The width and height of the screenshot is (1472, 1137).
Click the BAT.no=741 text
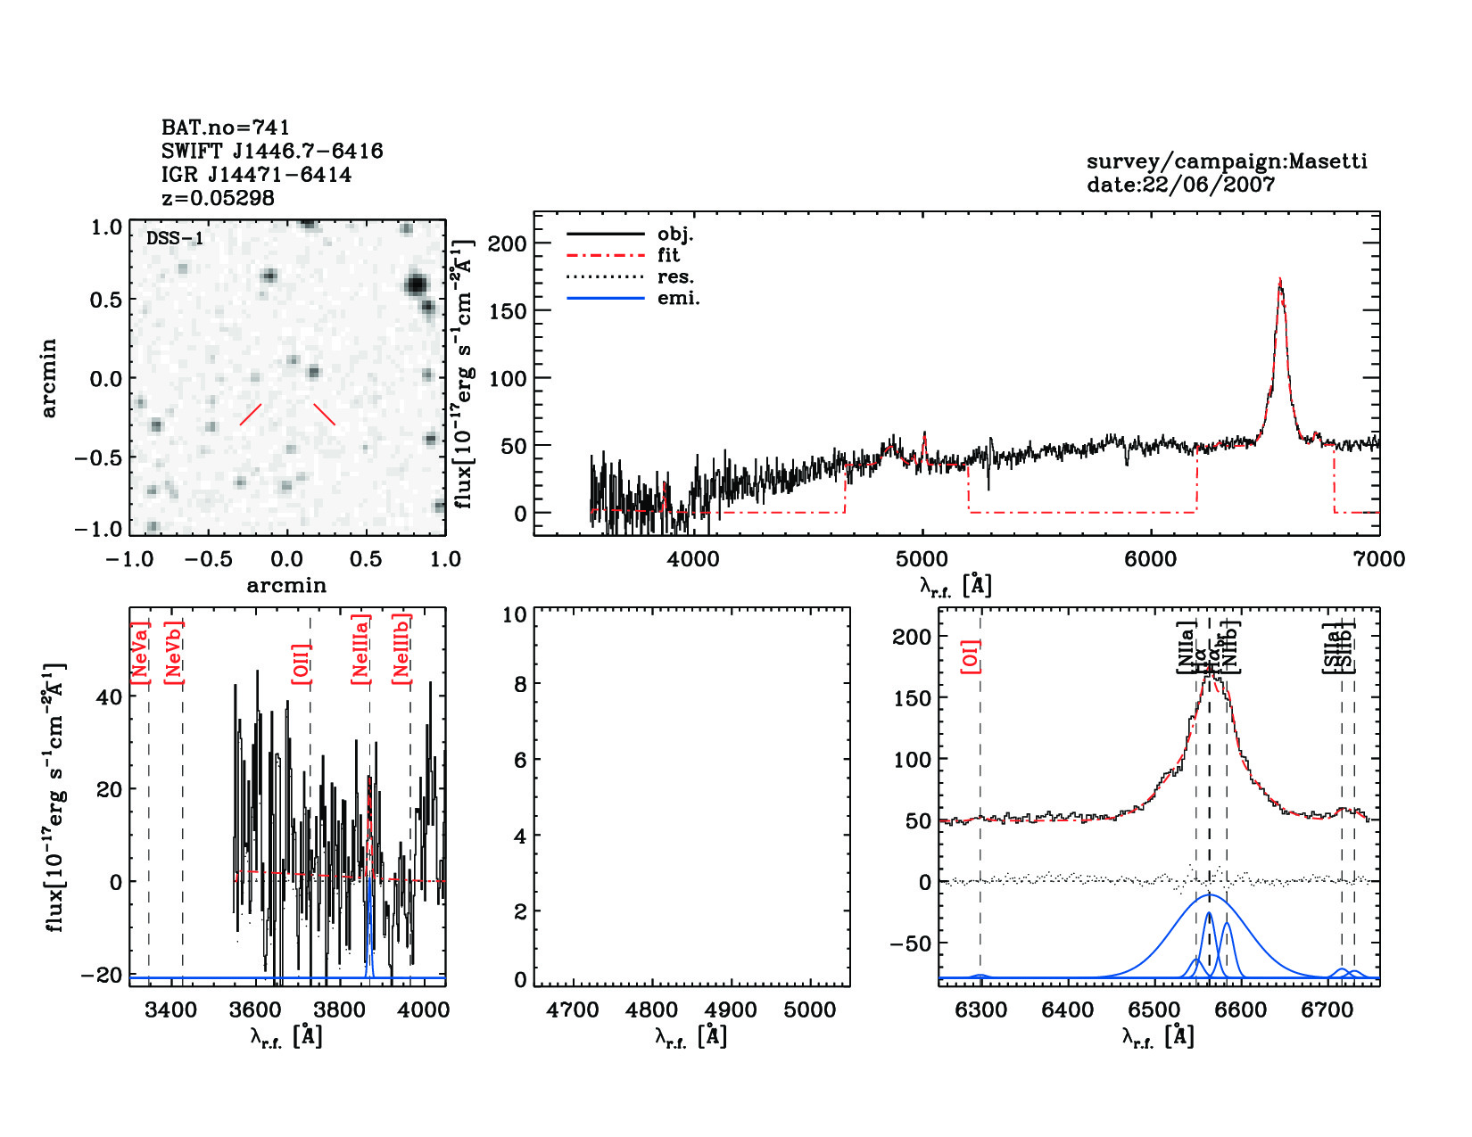coord(226,128)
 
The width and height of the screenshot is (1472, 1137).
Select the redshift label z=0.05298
coord(218,198)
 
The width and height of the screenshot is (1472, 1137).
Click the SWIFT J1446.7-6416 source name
coord(272,151)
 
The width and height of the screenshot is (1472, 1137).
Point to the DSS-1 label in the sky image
coord(175,238)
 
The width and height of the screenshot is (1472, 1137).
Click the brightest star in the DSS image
coord(416,285)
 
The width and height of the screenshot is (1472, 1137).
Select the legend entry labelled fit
coord(668,255)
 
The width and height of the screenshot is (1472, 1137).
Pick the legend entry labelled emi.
coord(678,298)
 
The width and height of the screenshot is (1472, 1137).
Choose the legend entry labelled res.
coord(675,276)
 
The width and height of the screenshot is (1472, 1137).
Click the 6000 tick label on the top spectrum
coord(1150,559)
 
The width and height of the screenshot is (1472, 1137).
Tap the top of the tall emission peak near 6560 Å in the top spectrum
coord(1280,280)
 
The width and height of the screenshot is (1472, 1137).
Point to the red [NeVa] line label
coord(140,654)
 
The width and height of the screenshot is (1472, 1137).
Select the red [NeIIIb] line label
coord(402,649)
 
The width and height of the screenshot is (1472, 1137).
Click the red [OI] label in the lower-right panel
coord(971,655)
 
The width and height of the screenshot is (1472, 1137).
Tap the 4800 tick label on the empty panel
coord(652,1010)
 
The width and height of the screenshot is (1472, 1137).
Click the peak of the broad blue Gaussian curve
coord(1210,894)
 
